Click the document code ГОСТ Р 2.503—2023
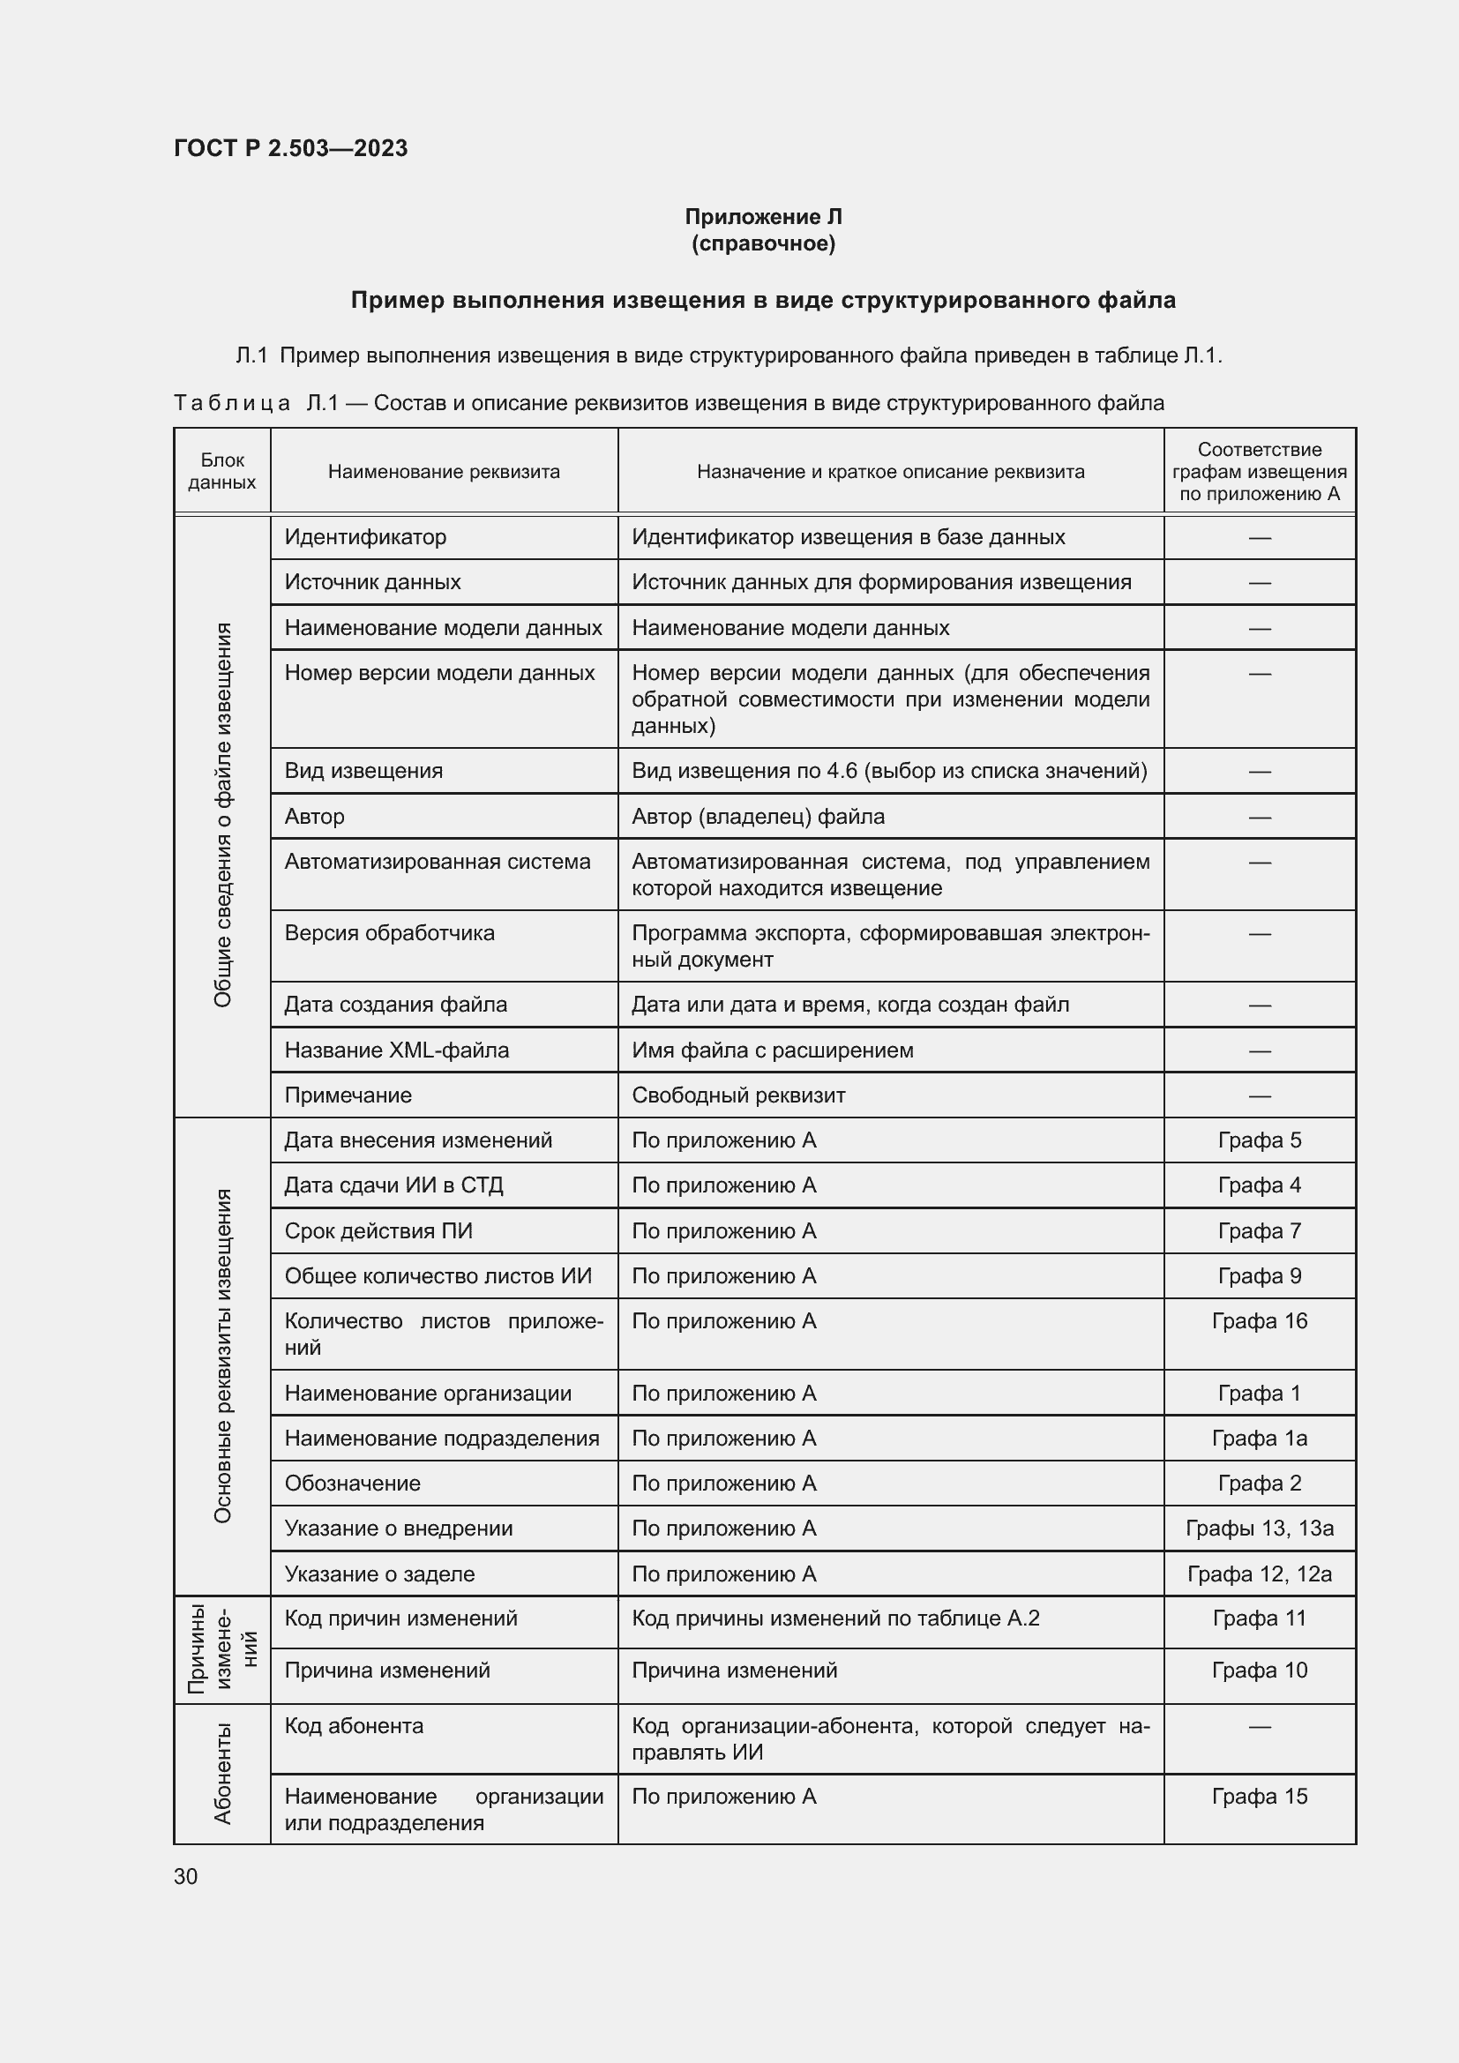coord(290,148)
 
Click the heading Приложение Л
coord(763,217)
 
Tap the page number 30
coord(186,1876)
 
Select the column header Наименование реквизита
coord(444,472)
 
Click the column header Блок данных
coord(222,472)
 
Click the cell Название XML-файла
coord(396,1050)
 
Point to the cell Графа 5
coord(1259,1140)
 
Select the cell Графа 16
coord(1259,1321)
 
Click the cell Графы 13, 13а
coord(1259,1529)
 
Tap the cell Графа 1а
coord(1259,1439)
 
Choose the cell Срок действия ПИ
coord(378,1231)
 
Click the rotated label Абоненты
coord(223,1774)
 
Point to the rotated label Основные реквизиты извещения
coord(223,1356)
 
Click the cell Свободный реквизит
coord(738,1095)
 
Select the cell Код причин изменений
coord(400,1618)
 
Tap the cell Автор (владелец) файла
coord(758,817)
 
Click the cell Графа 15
coord(1259,1796)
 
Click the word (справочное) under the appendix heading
coord(763,244)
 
